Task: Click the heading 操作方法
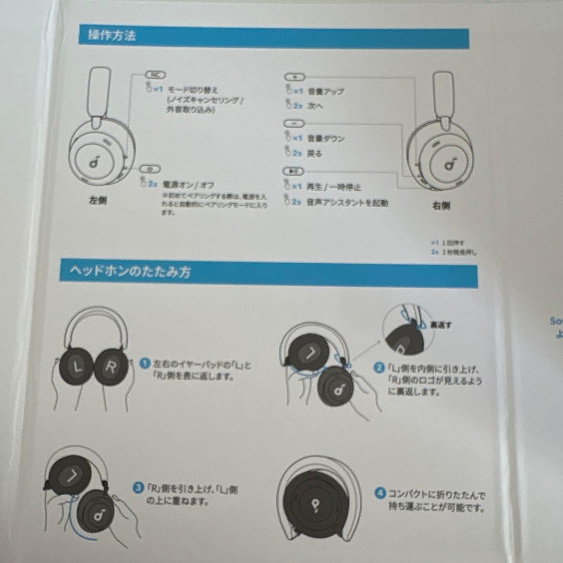(x=112, y=36)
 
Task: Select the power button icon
(x=150, y=169)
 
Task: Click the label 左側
(x=97, y=201)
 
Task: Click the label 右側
(x=441, y=205)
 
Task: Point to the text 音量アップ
(x=326, y=91)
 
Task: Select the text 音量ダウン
(x=326, y=139)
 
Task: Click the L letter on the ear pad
(x=78, y=367)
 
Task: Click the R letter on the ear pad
(x=111, y=367)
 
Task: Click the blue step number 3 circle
(x=138, y=488)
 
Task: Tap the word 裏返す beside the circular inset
(x=440, y=325)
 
